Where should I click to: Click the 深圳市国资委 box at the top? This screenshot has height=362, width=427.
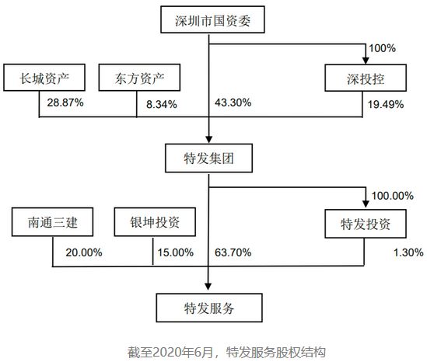[x=212, y=19]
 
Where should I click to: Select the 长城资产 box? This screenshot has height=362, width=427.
[x=44, y=78]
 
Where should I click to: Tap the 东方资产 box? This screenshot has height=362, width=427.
[x=139, y=78]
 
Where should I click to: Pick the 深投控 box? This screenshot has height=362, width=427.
[x=366, y=78]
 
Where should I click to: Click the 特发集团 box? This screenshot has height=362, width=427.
[x=208, y=158]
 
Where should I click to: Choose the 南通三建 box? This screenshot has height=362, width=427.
[x=53, y=222]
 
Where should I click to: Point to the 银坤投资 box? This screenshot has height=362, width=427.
[x=155, y=222]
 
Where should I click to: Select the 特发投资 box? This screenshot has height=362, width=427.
[x=366, y=224]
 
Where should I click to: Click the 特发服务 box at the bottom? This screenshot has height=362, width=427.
[x=209, y=308]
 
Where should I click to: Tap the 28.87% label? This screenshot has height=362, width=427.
[x=65, y=103]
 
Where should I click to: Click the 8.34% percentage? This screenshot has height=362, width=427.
[x=162, y=104]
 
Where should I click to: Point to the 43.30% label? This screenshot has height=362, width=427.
[x=233, y=103]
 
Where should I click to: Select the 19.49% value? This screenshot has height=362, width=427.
[x=386, y=104]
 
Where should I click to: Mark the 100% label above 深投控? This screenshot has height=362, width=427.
[x=382, y=48]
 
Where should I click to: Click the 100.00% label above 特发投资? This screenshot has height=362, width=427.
[x=393, y=196]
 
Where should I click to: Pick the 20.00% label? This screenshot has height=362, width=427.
[x=84, y=252]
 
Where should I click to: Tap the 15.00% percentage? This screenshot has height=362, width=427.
[x=176, y=252]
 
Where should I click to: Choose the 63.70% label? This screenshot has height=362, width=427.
[x=233, y=252]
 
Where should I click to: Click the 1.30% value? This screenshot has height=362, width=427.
[x=408, y=252]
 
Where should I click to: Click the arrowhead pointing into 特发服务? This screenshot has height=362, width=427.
[x=208, y=287]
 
